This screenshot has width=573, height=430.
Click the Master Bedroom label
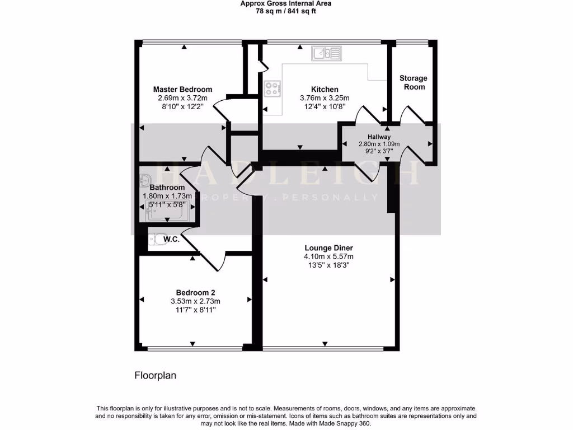[x=182, y=89]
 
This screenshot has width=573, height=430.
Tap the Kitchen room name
[x=325, y=89]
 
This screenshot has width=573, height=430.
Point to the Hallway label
[x=379, y=137]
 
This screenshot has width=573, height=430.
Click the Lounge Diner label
[x=328, y=248]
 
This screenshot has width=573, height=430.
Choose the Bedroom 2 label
[x=195, y=292]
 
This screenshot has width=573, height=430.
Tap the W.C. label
[x=171, y=240]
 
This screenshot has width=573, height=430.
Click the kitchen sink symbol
[x=326, y=53]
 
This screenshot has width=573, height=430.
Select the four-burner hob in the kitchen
[x=273, y=88]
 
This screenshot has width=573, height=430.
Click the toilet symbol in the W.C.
[x=154, y=240]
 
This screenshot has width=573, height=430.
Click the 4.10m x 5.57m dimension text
[x=328, y=257]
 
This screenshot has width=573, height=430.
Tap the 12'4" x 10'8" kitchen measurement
[x=325, y=106]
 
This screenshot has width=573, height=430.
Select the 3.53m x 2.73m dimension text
[x=195, y=301]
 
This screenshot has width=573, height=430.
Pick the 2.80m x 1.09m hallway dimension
[x=379, y=143]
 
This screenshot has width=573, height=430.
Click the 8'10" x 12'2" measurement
[x=182, y=106]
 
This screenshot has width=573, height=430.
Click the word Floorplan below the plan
[x=155, y=376]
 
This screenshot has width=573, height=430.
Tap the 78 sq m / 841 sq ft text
[x=286, y=11]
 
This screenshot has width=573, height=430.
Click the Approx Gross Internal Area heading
[x=286, y=3]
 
